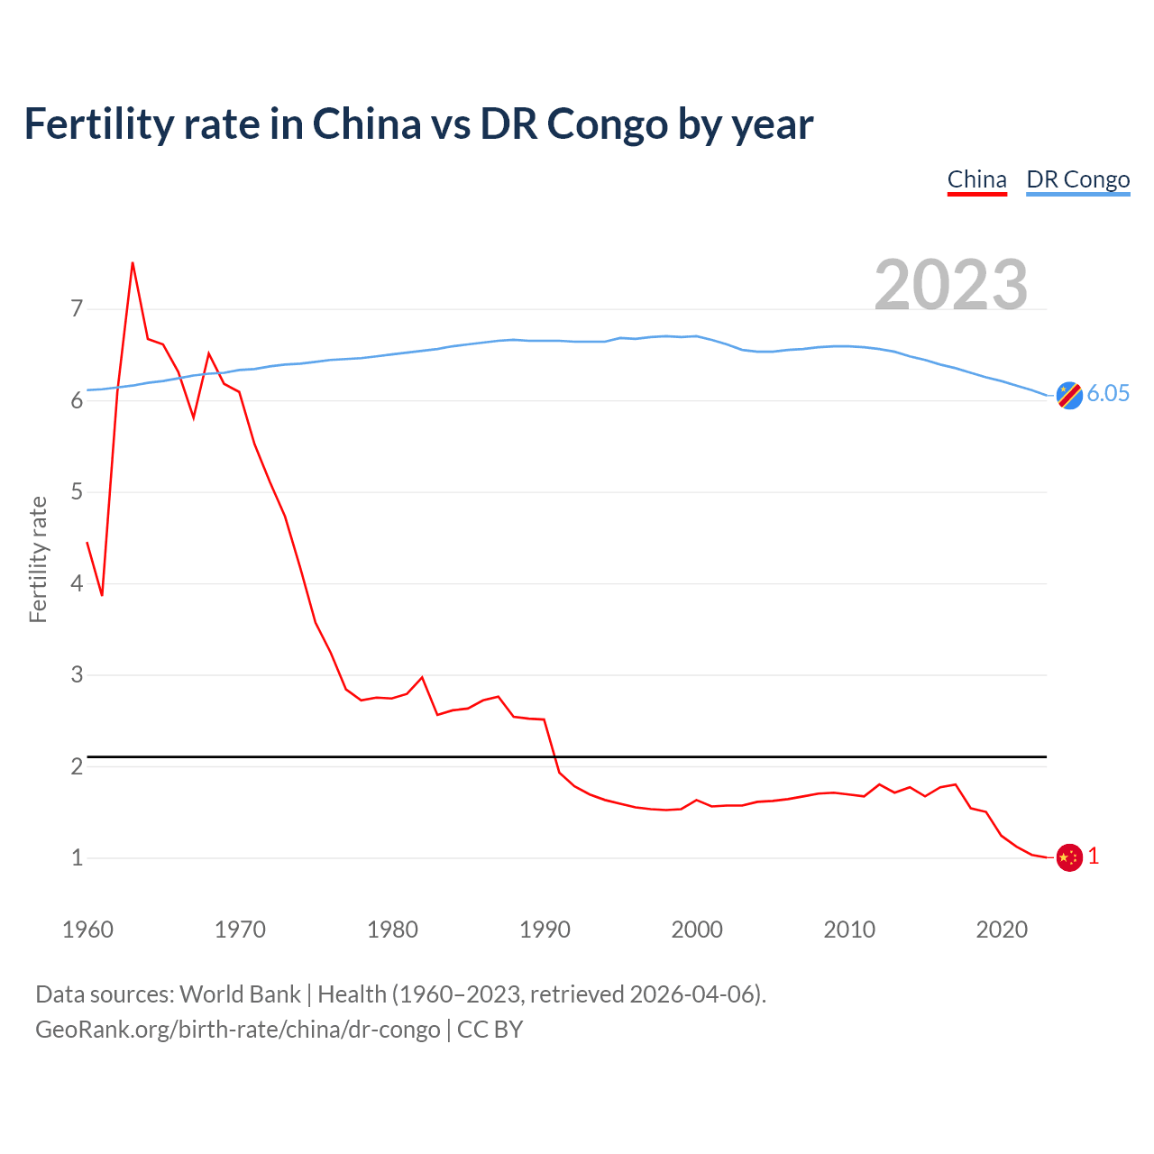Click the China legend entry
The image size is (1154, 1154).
(976, 179)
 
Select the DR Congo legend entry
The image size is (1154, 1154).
(1077, 179)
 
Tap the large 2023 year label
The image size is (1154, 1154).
(951, 285)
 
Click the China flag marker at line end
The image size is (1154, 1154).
(1069, 857)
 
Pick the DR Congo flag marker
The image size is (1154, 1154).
(1069, 395)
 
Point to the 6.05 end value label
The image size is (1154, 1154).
(1108, 393)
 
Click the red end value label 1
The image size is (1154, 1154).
(1094, 856)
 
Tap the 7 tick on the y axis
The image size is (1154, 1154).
(77, 309)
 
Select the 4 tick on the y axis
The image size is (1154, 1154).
(77, 583)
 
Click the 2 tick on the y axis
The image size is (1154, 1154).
(77, 766)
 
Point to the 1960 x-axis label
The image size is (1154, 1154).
(87, 930)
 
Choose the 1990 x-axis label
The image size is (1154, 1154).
(545, 930)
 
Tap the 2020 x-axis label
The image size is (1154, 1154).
(1002, 930)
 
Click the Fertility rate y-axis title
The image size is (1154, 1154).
(38, 559)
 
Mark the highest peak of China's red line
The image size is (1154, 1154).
(133, 264)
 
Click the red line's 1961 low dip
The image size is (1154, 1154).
(102, 594)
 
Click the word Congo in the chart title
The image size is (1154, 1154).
(608, 124)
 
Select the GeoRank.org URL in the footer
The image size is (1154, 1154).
(238, 1030)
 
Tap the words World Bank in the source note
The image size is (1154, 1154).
(240, 994)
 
